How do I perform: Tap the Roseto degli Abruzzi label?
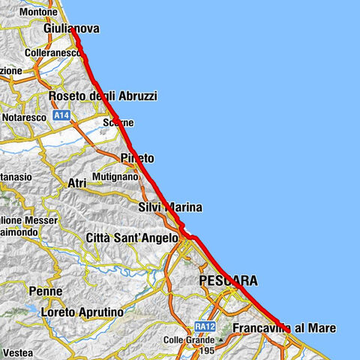tap(102, 97)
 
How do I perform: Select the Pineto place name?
tap(136, 158)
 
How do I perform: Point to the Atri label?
tap(77, 183)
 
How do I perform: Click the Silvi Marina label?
tap(170, 207)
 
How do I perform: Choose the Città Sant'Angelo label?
tap(132, 238)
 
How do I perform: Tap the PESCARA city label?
tap(228, 281)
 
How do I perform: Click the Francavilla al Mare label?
tap(284, 328)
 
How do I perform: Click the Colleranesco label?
tap(52, 54)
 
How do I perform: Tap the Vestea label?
tap(16, 352)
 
